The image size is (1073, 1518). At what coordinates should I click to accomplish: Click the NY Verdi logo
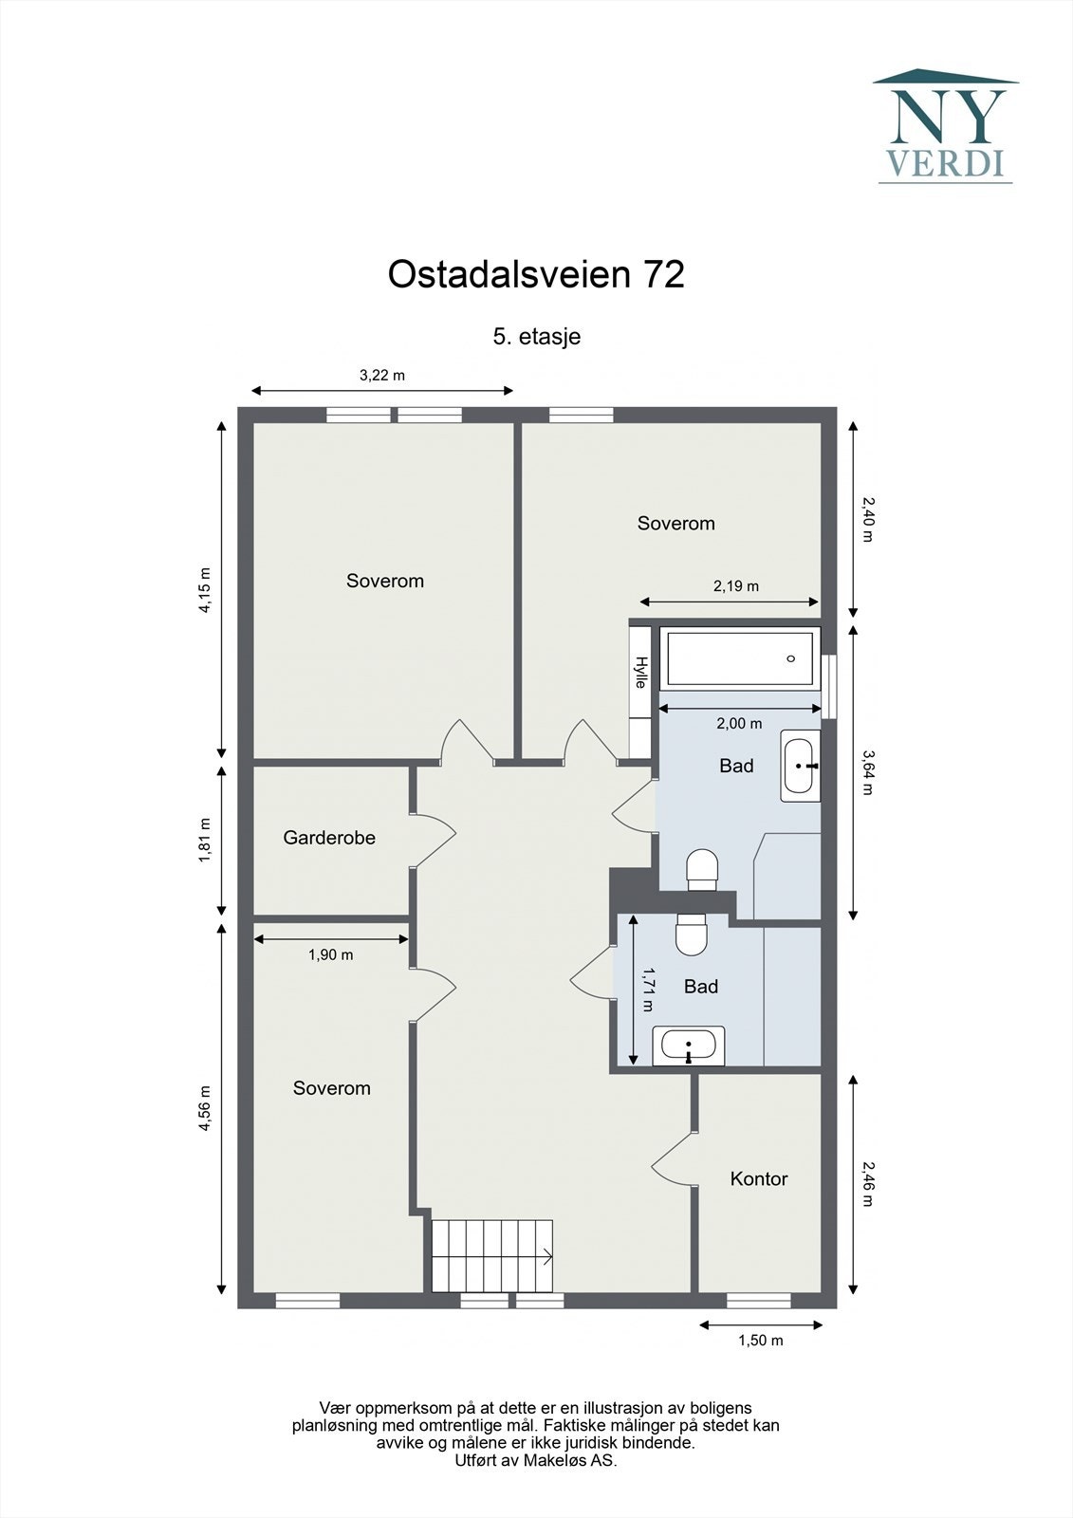tap(945, 126)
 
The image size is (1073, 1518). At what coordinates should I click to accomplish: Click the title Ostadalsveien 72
tap(536, 275)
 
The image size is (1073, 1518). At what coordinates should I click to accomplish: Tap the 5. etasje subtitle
tap(536, 336)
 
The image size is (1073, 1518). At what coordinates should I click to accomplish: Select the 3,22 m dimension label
tap(381, 375)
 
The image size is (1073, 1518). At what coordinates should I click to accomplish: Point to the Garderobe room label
tap(329, 838)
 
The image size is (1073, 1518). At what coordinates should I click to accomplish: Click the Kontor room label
tap(759, 1179)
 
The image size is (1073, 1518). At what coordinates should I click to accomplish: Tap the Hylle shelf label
tap(641, 672)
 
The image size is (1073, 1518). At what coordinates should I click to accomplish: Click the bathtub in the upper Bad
tap(739, 658)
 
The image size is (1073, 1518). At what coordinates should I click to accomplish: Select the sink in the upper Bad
tap(800, 766)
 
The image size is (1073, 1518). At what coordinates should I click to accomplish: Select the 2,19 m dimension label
tap(735, 586)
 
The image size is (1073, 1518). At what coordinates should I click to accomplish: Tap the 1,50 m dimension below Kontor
tap(761, 1341)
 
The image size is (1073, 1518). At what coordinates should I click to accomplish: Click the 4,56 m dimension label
tap(204, 1108)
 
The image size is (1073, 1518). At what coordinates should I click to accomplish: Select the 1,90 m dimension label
tap(330, 955)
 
